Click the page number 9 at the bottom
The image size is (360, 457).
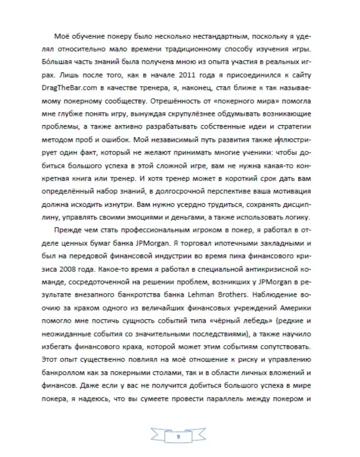178,437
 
